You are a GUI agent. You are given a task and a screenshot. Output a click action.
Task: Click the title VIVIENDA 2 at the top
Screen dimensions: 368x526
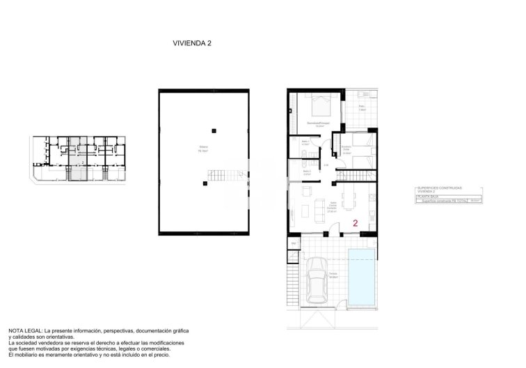point(192,43)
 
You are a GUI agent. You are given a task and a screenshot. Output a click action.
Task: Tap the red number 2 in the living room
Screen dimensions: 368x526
point(356,224)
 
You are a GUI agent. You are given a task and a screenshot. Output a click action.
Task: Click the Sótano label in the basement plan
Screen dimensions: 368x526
point(203,148)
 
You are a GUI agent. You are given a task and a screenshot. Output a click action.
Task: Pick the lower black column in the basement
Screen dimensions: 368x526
point(205,183)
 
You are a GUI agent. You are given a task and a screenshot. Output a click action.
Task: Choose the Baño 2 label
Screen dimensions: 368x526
point(306,172)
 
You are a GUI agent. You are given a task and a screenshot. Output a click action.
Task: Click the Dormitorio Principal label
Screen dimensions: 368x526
point(319,123)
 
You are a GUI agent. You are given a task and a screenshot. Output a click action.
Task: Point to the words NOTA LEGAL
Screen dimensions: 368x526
point(25,330)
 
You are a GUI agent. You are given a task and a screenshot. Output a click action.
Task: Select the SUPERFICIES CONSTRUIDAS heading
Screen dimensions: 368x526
point(439,187)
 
